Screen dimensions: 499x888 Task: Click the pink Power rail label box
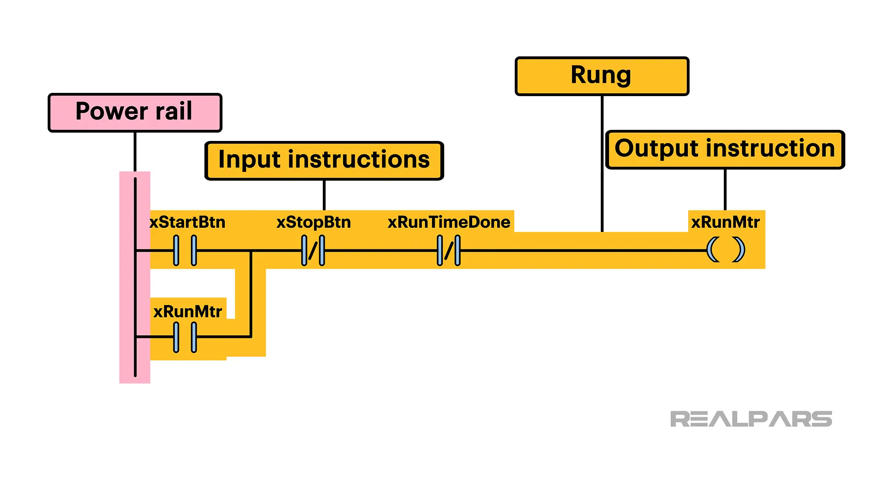[x=135, y=112]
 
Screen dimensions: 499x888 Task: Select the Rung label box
[x=602, y=76]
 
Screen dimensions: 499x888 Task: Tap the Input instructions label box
[x=324, y=160]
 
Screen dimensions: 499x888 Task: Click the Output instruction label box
[x=725, y=149]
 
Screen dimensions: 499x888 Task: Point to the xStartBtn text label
[x=187, y=222]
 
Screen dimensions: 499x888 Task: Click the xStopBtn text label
[x=313, y=222]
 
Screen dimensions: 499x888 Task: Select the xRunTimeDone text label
[x=449, y=222]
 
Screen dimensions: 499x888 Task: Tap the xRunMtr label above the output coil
[x=725, y=222]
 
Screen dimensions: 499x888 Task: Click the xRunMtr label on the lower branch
[x=187, y=312]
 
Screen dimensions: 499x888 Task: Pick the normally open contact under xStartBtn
[x=185, y=250]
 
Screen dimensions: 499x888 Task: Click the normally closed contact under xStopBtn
[x=313, y=250]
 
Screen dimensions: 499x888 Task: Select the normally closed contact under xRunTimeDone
[x=449, y=250]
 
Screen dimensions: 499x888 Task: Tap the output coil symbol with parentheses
[x=726, y=250]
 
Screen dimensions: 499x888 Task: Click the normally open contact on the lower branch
[x=185, y=337]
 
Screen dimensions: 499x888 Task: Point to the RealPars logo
[x=751, y=419]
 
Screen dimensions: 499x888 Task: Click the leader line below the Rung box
[x=602, y=162]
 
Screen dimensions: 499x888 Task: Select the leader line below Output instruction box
[x=725, y=189]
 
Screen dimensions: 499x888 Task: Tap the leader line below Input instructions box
[x=324, y=195]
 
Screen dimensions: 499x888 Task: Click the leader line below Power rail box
[x=135, y=152]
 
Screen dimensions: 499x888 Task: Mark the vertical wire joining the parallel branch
[x=251, y=293]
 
